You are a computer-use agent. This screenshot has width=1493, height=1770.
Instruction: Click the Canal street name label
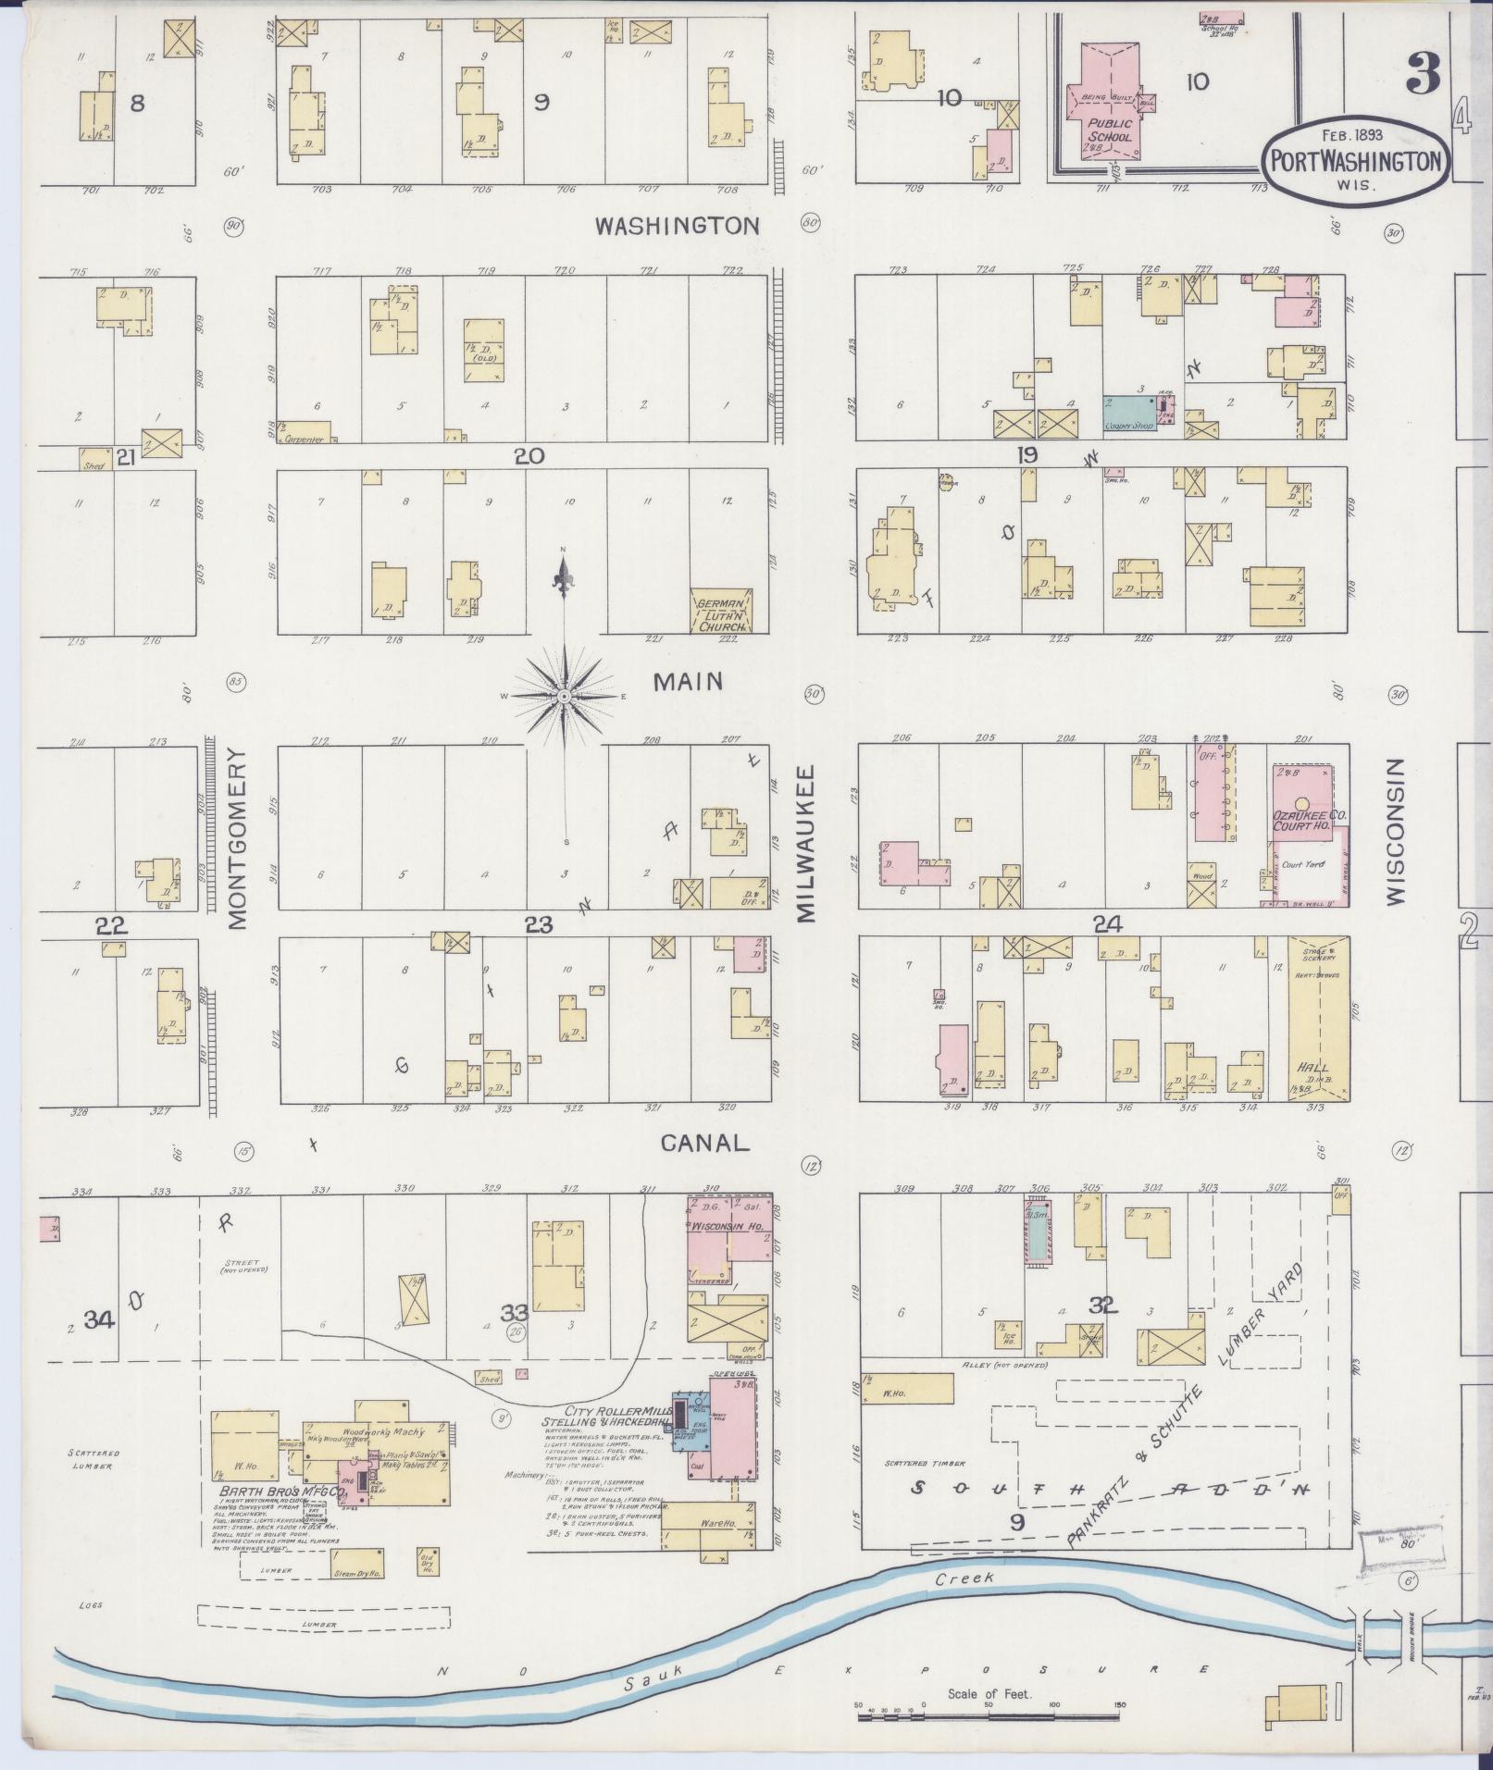click(703, 1143)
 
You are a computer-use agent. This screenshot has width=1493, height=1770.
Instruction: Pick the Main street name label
click(687, 682)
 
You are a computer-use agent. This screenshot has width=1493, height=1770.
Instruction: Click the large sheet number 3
click(1422, 73)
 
